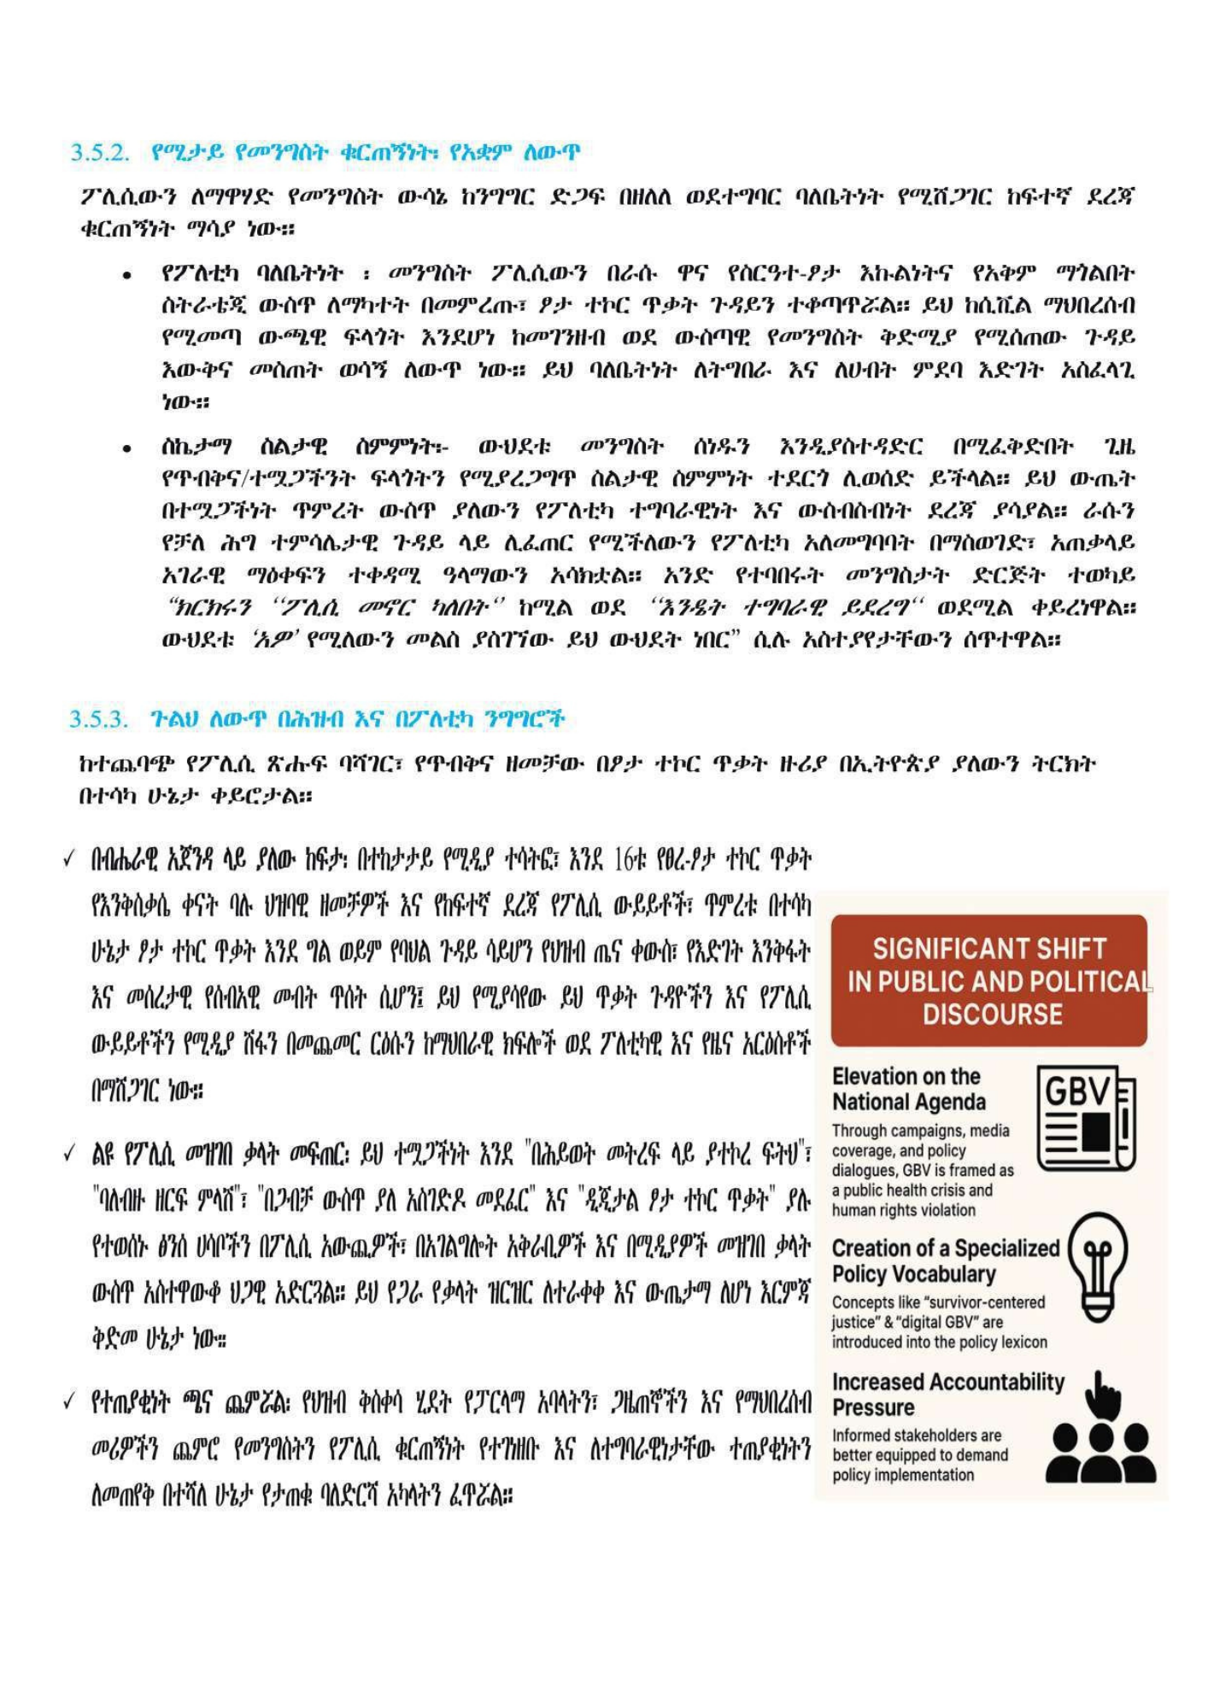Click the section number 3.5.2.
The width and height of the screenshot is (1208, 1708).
click(99, 153)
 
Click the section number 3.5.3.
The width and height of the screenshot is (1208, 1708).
click(99, 719)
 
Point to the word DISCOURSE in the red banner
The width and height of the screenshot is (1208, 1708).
click(992, 1015)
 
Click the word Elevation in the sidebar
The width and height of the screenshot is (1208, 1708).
click(877, 1076)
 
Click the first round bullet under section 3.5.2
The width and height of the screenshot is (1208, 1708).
click(126, 276)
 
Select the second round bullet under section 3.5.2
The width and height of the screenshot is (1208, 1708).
click(126, 448)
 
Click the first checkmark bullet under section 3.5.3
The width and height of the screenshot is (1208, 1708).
click(70, 859)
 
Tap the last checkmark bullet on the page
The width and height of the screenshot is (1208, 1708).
click(70, 1403)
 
